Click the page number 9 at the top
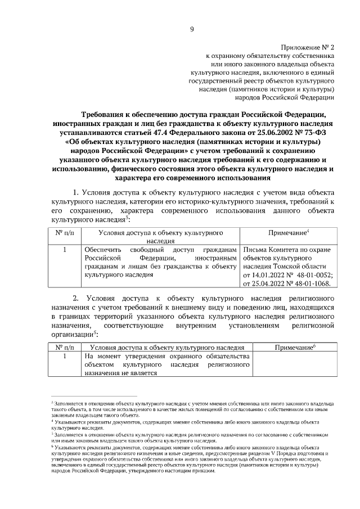click(x=192, y=29)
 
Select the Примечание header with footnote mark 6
click(x=295, y=347)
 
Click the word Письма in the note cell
click(x=254, y=249)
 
